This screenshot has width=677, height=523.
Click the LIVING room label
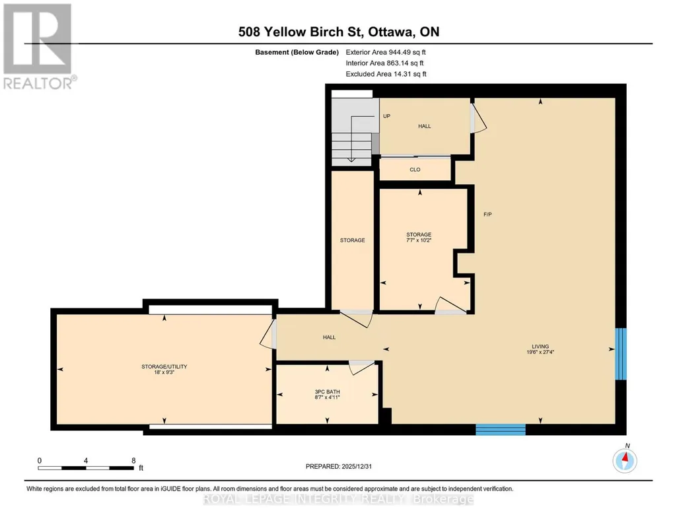click(540, 346)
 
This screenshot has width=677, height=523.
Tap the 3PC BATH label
click(327, 392)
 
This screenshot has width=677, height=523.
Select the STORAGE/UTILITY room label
click(164, 366)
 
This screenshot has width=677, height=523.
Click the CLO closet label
click(415, 170)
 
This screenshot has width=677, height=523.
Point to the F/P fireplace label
click(487, 215)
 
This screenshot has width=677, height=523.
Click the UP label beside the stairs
click(386, 116)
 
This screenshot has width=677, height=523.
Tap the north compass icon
click(624, 460)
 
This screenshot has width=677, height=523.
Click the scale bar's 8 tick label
click(134, 460)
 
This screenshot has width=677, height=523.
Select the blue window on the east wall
click(620, 354)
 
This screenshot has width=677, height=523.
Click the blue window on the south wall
click(501, 429)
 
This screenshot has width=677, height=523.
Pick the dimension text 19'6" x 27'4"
click(540, 352)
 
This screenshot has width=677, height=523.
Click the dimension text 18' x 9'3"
click(164, 372)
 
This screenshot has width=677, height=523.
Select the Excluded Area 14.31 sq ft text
click(386, 74)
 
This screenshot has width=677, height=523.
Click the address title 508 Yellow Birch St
click(301, 32)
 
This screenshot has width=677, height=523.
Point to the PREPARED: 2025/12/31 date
click(338, 466)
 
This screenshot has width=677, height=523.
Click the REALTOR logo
click(39, 46)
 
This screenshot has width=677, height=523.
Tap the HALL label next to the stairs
click(425, 126)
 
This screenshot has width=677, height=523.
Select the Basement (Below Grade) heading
click(297, 52)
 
